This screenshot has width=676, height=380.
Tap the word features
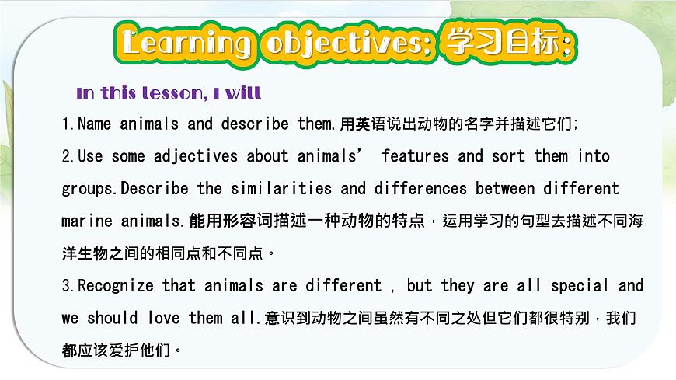tap(415, 156)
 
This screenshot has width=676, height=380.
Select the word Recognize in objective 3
tap(117, 286)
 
